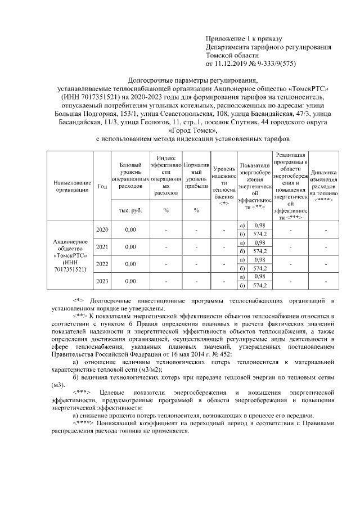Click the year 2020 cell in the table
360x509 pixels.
coord(102,229)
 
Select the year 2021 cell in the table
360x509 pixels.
coord(102,246)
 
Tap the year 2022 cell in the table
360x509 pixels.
coord(102,263)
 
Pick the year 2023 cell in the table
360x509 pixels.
coord(102,281)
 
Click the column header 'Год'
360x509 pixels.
coord(102,186)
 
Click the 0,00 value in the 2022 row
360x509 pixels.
coord(130,263)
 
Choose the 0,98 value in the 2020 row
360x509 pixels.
coord(259,225)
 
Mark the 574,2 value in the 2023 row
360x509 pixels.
coord(259,285)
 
